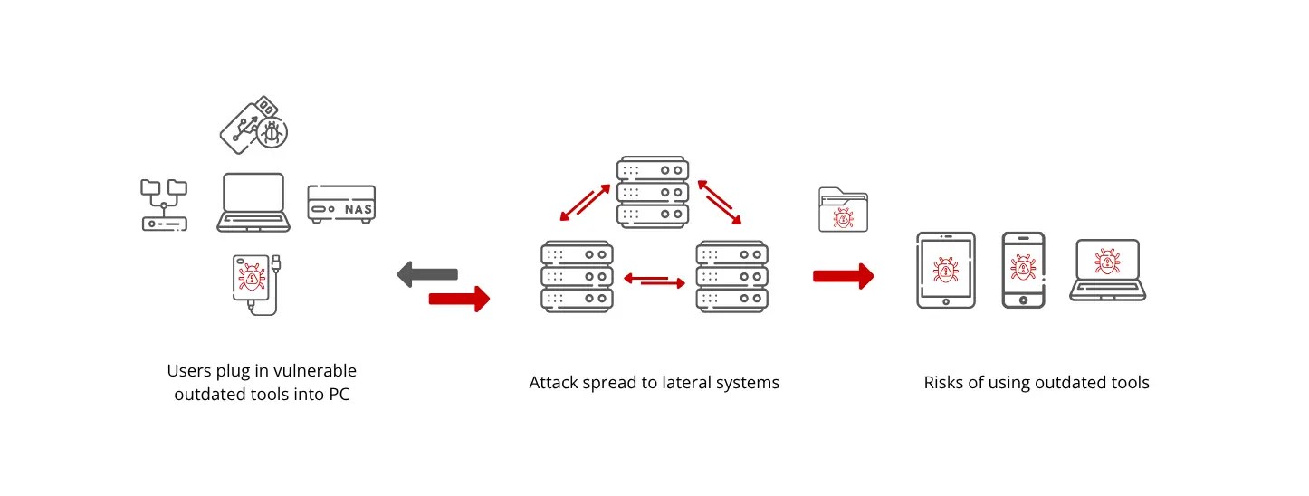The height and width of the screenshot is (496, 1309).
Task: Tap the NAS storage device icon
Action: point(340,205)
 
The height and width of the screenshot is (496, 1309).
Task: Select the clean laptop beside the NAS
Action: point(254,202)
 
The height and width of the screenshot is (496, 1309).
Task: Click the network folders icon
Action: point(164,205)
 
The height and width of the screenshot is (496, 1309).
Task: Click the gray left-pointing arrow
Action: point(427,273)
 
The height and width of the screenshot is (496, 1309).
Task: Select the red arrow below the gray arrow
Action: point(459,298)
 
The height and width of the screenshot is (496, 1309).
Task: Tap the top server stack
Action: point(653,192)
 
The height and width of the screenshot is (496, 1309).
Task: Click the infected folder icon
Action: point(843,210)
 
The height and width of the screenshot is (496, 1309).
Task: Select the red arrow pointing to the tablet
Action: point(843,276)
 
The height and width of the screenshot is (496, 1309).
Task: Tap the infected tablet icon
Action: point(946,270)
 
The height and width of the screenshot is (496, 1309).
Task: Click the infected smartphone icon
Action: point(1024,270)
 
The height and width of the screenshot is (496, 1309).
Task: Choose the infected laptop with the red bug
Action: point(1107,269)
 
